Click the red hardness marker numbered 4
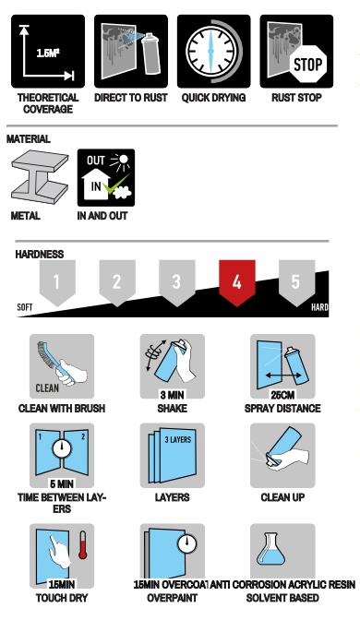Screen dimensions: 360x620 (236, 282)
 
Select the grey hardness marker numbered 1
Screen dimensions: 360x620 (57, 282)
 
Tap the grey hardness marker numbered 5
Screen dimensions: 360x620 (296, 282)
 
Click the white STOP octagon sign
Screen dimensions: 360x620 (307, 64)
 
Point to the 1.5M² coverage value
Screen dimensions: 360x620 (47, 53)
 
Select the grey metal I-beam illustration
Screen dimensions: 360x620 (40, 176)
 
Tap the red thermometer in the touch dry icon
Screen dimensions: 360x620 (82, 544)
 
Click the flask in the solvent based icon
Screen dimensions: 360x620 (270, 549)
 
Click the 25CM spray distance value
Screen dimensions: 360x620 (282, 395)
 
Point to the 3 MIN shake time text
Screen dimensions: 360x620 (172, 395)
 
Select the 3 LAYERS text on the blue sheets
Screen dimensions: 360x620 (178, 439)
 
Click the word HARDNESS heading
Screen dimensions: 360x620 (40, 255)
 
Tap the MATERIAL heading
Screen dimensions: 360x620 (29, 138)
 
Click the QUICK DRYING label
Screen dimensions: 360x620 (213, 98)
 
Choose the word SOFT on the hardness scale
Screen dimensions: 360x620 (25, 307)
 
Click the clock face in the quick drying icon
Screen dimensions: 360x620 (210, 51)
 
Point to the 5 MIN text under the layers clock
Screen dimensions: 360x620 (62, 484)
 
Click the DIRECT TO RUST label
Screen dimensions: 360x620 (131, 98)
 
